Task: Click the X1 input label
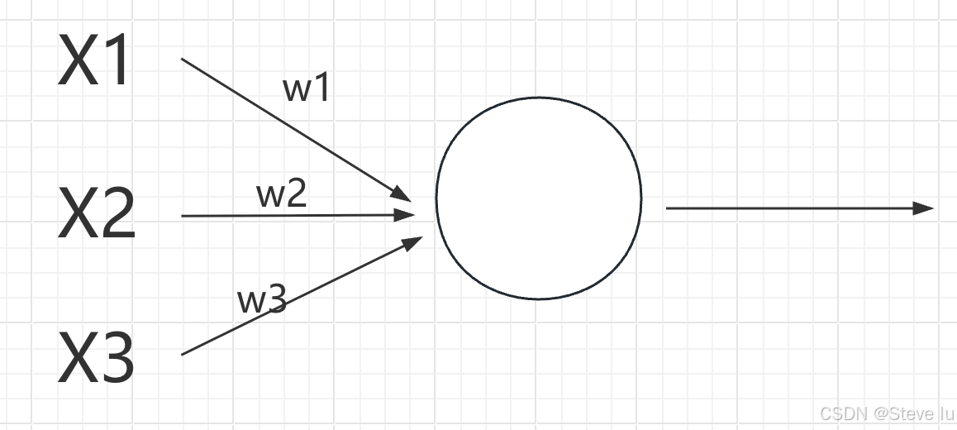point(93,62)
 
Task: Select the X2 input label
point(96,213)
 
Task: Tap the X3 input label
point(96,359)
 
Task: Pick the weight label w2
point(282,194)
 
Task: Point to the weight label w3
point(262,300)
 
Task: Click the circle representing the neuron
point(538,198)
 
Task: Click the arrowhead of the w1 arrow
point(402,193)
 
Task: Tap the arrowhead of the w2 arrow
point(406,215)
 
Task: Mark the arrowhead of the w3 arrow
point(414,241)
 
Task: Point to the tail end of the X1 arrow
point(183,60)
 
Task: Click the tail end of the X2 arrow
point(183,216)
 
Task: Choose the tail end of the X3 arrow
point(183,354)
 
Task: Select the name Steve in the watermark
point(914,413)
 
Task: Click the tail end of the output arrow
point(668,208)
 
